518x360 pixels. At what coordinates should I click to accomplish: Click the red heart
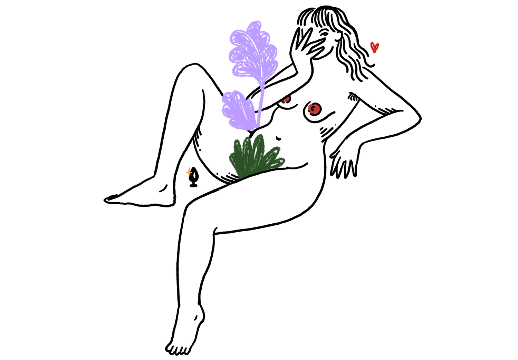tap(375, 47)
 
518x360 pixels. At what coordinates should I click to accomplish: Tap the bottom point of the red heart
tap(375, 54)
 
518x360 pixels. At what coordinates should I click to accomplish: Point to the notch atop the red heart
tap(375, 43)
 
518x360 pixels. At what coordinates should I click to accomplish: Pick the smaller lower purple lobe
tap(237, 110)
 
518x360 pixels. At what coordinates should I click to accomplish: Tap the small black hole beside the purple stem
tap(256, 111)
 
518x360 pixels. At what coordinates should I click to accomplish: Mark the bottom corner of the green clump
tap(241, 177)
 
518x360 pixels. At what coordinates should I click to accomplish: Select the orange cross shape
tap(189, 172)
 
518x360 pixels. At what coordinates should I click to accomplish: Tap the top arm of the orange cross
tap(189, 167)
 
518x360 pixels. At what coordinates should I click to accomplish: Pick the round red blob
tap(313, 109)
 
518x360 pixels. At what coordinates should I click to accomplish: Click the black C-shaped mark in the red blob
tap(313, 109)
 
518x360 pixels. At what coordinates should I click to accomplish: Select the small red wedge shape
tap(286, 100)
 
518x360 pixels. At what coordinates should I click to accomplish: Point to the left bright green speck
tap(363, 107)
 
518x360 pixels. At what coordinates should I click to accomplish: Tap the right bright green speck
tap(372, 111)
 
